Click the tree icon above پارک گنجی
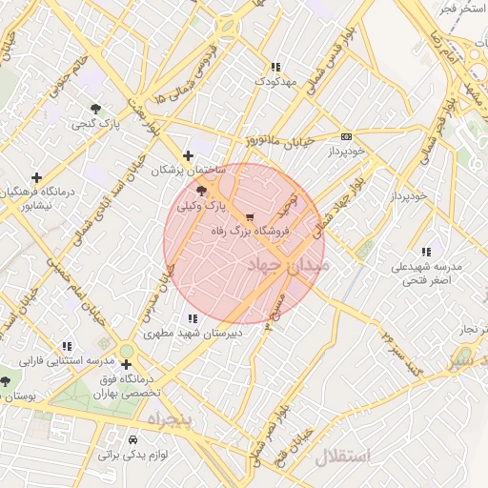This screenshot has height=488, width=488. pos(95,109)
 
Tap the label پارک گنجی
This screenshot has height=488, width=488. pos(95,124)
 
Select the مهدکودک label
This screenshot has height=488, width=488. pos(275,82)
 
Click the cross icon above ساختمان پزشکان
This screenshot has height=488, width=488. pos(188,155)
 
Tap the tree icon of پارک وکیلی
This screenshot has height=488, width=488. pos(200,192)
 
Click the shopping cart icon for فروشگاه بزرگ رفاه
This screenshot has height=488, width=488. pos(250,217)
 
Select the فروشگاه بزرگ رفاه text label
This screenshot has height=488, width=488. pos(253,231)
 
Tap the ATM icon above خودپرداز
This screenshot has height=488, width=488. pos(346,137)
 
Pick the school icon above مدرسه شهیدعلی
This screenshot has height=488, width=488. pos(425,253)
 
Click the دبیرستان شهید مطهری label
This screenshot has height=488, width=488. pos(193,335)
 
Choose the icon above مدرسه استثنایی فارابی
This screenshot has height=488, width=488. pos(66,347)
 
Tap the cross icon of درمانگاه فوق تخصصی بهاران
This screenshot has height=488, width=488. pos(126,363)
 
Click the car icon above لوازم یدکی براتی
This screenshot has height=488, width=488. pos(132,440)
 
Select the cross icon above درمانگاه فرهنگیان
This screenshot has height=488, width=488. pos(36,177)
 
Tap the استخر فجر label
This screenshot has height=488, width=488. pos(459,10)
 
